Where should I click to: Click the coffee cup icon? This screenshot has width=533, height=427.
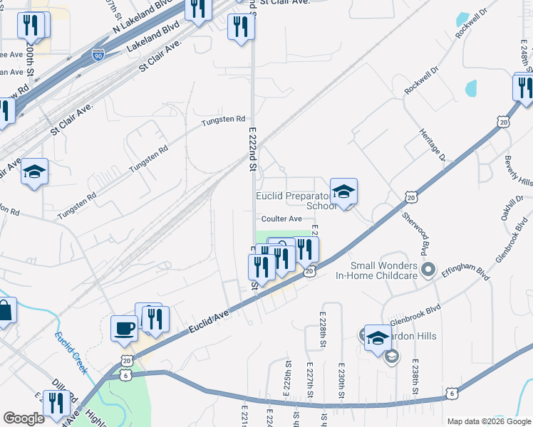[x=124, y=329]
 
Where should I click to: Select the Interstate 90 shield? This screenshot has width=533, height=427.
[x=98, y=54]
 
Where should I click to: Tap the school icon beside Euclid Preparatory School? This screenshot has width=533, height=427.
[x=343, y=191]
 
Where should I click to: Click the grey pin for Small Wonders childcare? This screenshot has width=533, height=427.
[x=428, y=269]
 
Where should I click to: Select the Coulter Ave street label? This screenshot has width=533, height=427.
[x=281, y=219]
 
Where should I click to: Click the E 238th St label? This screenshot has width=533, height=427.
[x=414, y=376]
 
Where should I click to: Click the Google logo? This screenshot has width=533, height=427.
[x=24, y=418]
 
